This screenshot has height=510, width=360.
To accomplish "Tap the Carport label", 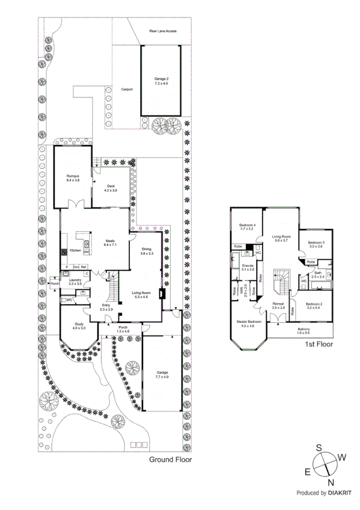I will tap(127, 89).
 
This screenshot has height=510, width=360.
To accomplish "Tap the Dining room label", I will tap(147, 251).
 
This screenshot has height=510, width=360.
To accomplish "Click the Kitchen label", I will tap(76, 250).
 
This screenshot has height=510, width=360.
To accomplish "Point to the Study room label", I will tap(79, 326).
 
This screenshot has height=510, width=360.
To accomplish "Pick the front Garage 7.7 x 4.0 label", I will tap(162, 374).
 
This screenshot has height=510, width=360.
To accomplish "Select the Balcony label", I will tap(304, 330).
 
